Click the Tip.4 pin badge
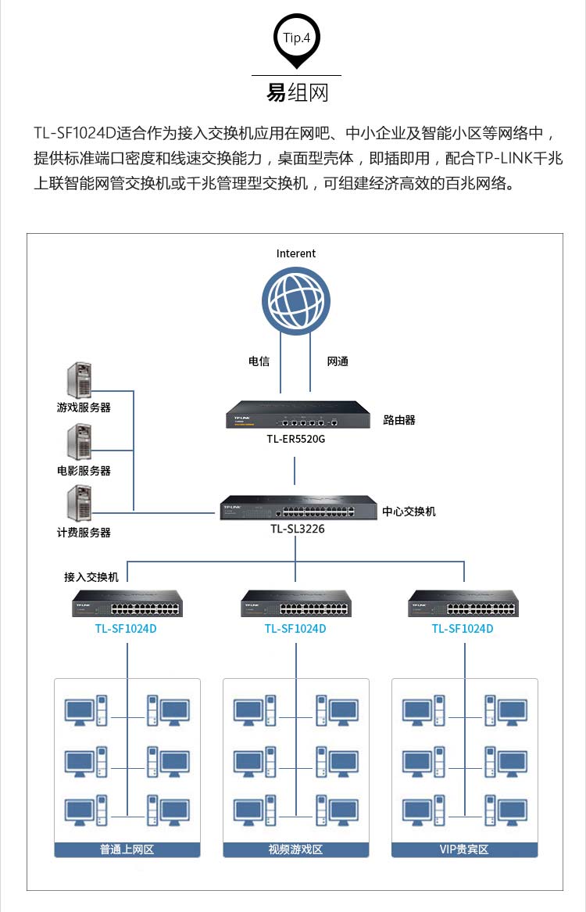[296, 41]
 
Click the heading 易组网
[298, 92]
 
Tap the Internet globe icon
[295, 300]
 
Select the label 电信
[259, 361]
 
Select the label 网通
[338, 361]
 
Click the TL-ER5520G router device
[298, 414]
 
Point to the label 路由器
[399, 420]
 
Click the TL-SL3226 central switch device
[298, 507]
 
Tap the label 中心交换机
[409, 512]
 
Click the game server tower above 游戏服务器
[80, 380]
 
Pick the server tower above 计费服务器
[80, 503]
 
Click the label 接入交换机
[91, 577]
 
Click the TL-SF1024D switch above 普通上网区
[127, 604]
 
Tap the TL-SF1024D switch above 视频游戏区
[296, 604]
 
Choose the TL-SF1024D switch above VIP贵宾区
[463, 604]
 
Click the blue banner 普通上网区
[127, 849]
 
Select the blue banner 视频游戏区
[295, 849]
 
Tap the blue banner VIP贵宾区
[465, 849]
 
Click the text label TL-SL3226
[298, 529]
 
